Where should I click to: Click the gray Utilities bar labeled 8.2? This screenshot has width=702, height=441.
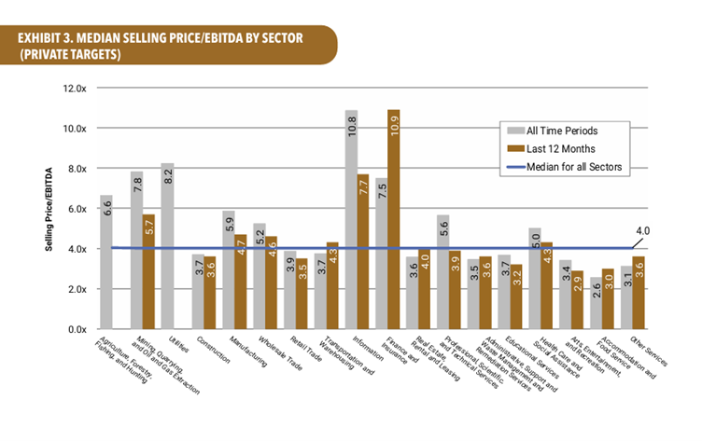[168, 246]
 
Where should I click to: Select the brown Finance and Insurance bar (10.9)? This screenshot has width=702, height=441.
[394, 219]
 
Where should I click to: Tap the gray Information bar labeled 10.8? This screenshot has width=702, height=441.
[351, 219]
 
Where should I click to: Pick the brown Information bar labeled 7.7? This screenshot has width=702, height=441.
[363, 252]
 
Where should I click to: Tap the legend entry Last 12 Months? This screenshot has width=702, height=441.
[560, 147]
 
